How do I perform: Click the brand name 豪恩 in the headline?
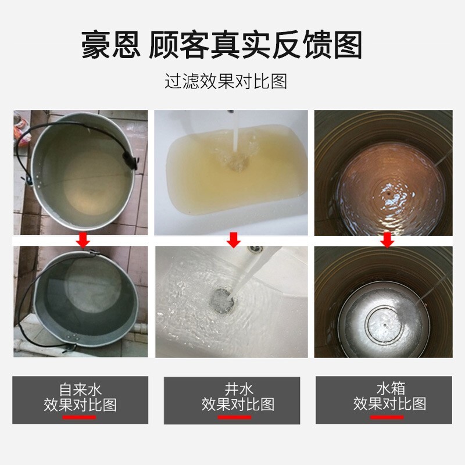(x=110, y=45)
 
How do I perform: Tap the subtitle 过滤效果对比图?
(x=226, y=81)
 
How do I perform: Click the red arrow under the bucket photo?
(x=83, y=240)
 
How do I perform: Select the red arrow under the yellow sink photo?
(x=234, y=240)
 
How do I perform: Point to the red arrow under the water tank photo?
(x=387, y=240)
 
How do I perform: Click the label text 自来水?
(x=80, y=389)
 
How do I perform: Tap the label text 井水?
(x=238, y=389)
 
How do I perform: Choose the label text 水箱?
(x=391, y=389)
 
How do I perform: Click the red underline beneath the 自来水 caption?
(x=79, y=417)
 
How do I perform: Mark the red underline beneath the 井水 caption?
(x=234, y=417)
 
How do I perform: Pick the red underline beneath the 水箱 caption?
(x=387, y=417)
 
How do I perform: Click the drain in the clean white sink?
(x=223, y=300)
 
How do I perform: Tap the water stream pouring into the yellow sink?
(x=236, y=134)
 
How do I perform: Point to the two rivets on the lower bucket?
(x=73, y=337)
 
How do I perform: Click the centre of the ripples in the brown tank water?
(x=389, y=192)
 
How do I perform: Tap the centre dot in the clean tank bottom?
(x=385, y=325)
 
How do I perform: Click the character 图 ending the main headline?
(x=348, y=45)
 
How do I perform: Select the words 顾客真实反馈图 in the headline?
(x=255, y=45)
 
